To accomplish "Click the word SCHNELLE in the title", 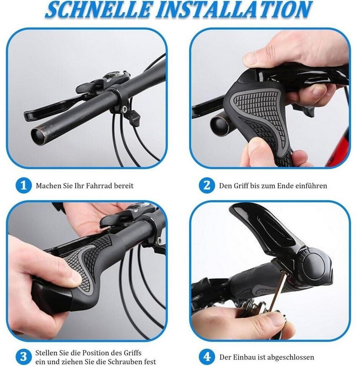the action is coord(98,10).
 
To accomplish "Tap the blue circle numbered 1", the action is coord(24,186).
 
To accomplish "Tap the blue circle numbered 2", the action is coord(207,186).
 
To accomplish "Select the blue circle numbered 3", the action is coord(24,357).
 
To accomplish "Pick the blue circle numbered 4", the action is coord(207,357).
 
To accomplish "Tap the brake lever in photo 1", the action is coord(54,108).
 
